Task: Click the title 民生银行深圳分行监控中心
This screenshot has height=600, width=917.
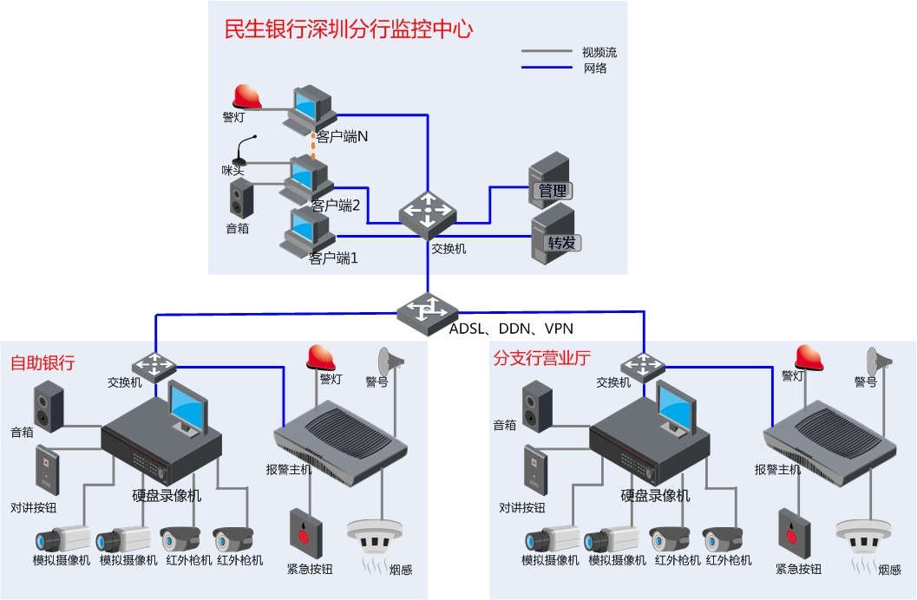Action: [x=348, y=29]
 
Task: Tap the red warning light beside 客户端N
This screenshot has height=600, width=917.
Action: [x=246, y=97]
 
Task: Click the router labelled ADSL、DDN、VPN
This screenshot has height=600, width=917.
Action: [x=428, y=310]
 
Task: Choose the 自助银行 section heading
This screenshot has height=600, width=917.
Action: [x=43, y=362]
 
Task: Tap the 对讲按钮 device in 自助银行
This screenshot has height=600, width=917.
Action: [x=47, y=470]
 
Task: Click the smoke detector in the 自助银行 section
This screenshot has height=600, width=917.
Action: [x=375, y=537]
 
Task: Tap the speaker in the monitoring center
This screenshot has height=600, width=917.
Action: [x=241, y=199]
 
